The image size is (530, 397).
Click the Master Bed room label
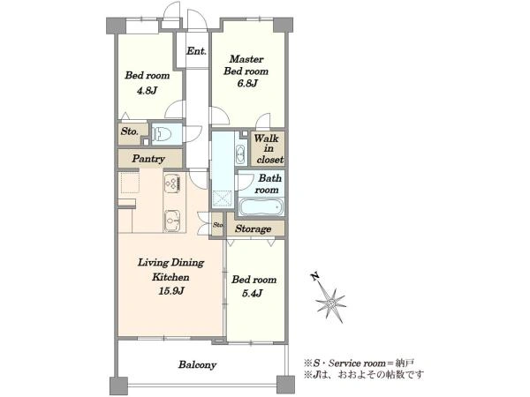(246, 65)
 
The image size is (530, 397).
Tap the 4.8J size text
(147, 91)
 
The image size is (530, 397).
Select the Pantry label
(148, 159)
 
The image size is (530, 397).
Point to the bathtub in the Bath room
(261, 206)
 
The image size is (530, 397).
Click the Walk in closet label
(269, 148)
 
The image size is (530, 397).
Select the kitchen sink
(172, 221)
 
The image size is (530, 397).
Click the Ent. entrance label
(196, 51)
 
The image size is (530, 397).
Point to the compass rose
(330, 303)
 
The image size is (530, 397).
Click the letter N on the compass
(315, 277)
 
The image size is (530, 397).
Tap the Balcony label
(197, 364)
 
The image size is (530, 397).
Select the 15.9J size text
(171, 290)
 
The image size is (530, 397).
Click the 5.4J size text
(253, 293)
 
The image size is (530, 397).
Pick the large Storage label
(254, 228)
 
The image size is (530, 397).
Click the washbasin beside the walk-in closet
(240, 154)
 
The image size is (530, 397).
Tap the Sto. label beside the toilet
(130, 131)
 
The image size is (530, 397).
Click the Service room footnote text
(359, 363)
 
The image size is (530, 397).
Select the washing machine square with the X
(223, 199)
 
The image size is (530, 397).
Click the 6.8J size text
(247, 83)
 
